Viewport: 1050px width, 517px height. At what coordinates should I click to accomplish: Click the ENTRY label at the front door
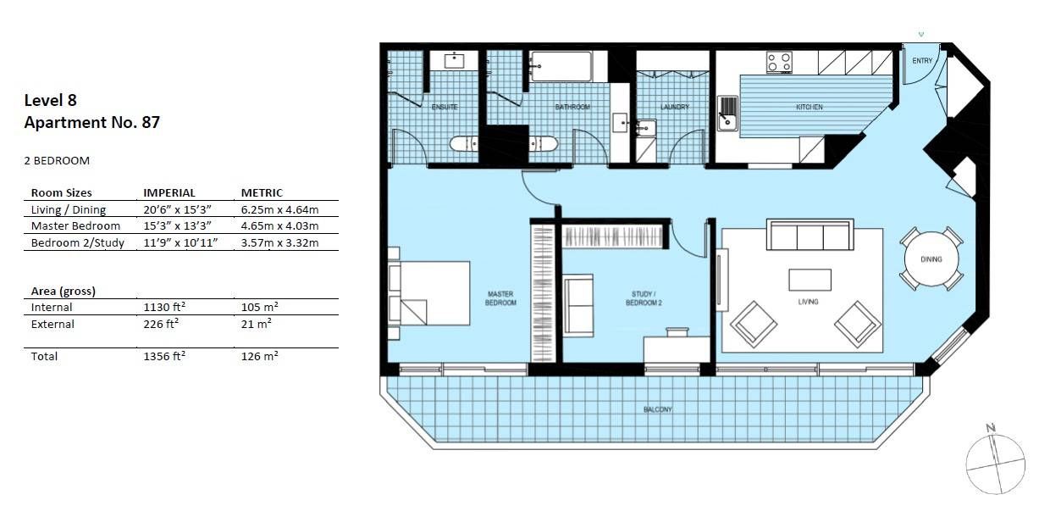[x=922, y=60]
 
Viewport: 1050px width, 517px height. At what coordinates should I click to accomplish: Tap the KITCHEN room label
[x=809, y=107]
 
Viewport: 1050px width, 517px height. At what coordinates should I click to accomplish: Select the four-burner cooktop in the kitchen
[x=779, y=63]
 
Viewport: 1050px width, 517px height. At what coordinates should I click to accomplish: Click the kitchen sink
[x=727, y=113]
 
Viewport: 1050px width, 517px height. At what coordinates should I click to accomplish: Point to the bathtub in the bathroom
[x=561, y=66]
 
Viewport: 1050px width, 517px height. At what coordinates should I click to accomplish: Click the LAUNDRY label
[x=675, y=107]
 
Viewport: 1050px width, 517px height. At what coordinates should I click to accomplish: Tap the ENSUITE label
[x=445, y=107]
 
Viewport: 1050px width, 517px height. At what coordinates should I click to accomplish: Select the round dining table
[x=931, y=259]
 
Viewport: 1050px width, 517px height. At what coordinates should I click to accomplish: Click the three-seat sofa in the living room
[x=810, y=235]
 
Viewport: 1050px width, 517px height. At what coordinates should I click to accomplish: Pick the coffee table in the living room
[x=810, y=280]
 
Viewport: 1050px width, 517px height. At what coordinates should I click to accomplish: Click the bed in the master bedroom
[x=429, y=293]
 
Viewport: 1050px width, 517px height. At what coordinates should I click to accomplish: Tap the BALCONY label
[x=658, y=409]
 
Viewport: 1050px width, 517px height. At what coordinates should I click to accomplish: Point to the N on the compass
[x=991, y=427]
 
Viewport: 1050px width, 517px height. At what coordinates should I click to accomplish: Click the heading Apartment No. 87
[x=91, y=122]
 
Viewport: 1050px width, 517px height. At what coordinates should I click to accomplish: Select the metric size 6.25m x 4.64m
[x=279, y=209]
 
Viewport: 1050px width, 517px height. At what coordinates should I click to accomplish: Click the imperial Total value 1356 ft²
[x=164, y=356]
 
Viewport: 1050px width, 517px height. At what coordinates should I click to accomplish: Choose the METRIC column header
[x=262, y=193]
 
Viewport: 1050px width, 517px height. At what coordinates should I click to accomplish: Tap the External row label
[x=52, y=324]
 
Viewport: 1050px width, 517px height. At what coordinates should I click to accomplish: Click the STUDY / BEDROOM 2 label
[x=644, y=298]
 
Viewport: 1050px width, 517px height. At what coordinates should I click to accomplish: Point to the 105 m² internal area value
[x=260, y=307]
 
